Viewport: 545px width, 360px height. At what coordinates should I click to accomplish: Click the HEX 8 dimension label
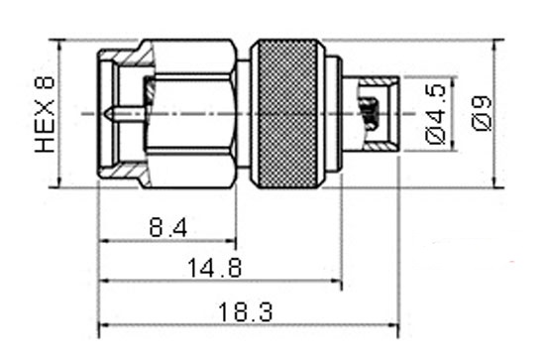coord(45,114)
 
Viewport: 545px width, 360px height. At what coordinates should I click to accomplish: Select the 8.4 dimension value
coord(167,227)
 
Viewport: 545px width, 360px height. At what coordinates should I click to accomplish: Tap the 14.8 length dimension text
coord(214,267)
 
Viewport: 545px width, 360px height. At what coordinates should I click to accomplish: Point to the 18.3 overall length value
coord(246,311)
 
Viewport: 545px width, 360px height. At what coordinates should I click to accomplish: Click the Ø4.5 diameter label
coord(435,114)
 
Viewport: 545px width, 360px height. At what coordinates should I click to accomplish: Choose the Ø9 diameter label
coord(482,114)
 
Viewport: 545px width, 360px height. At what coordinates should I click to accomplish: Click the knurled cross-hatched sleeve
coord(288,114)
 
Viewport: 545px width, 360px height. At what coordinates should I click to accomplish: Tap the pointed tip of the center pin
coord(105,113)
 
